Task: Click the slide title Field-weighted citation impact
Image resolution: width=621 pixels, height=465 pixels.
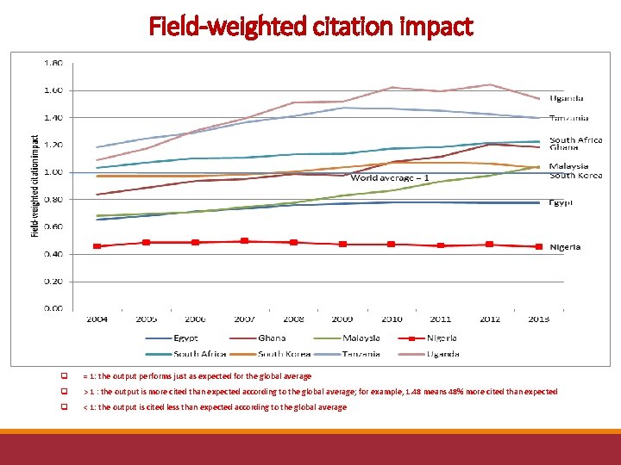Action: tap(310, 27)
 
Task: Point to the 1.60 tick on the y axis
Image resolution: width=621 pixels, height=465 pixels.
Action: tap(52, 90)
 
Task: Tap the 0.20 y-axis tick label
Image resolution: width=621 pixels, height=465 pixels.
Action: tap(52, 281)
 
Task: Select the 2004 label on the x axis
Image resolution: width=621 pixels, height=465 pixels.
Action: tap(97, 319)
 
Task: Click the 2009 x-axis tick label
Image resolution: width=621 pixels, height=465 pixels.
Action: tap(342, 319)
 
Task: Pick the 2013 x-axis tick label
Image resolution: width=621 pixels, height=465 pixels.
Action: tap(538, 319)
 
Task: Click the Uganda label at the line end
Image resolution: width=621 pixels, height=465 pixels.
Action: tap(567, 98)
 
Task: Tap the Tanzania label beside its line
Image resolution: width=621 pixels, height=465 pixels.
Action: tap(569, 118)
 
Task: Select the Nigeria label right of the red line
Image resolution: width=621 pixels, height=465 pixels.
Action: tap(565, 247)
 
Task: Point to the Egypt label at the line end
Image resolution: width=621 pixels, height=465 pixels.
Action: tap(561, 202)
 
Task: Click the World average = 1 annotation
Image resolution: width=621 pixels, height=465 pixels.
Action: tap(389, 177)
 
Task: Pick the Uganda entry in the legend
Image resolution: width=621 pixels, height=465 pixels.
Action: tap(442, 353)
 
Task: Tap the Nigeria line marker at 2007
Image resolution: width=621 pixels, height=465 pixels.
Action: tap(244, 241)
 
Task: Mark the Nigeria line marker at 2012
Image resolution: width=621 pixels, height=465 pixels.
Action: tap(490, 245)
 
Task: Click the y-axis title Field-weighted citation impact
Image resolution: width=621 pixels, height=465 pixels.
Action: tap(34, 184)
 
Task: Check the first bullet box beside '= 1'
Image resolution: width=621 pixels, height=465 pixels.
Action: tap(64, 376)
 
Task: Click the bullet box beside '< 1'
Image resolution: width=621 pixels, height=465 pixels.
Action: tap(64, 407)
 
